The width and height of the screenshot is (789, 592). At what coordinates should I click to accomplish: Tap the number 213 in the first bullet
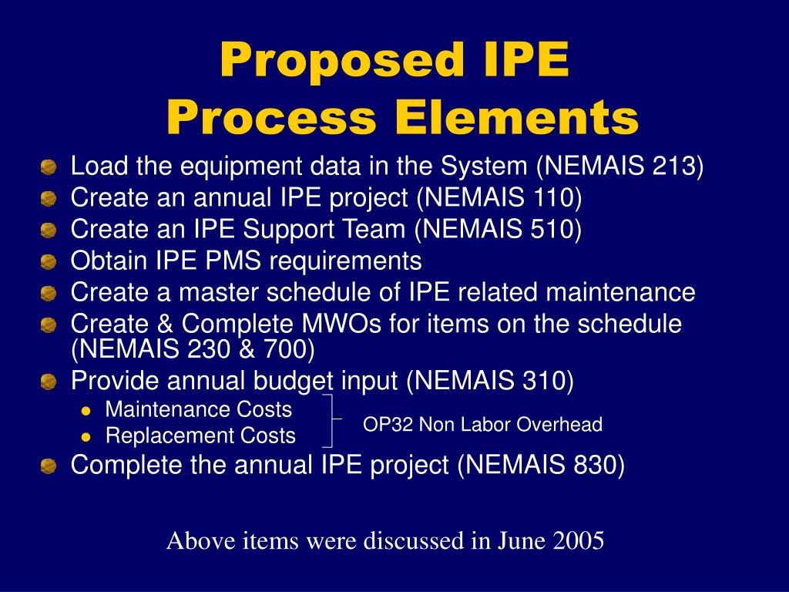point(674,166)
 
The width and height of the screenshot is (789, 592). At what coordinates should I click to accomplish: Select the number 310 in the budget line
point(543,381)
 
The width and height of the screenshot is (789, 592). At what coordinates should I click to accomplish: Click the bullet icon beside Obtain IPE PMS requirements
point(49,262)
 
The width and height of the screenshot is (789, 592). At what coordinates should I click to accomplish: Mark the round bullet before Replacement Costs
point(87,436)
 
